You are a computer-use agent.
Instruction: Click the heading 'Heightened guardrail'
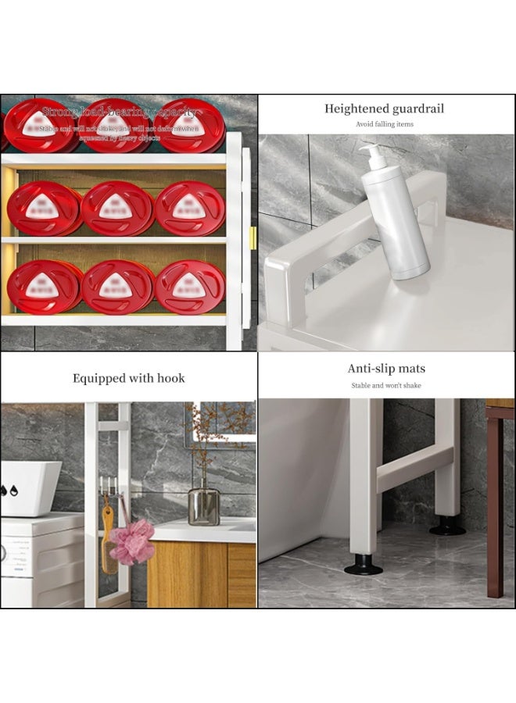pos(384,109)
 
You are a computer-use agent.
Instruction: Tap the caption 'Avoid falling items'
pos(384,124)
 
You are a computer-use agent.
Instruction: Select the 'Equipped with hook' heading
pos(129,378)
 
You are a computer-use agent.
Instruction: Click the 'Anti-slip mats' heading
pos(386,369)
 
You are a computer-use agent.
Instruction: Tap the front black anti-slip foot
pos(364,565)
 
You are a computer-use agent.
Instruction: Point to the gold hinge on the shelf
pos(253,237)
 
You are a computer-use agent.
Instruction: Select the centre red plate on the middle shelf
pos(117,209)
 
